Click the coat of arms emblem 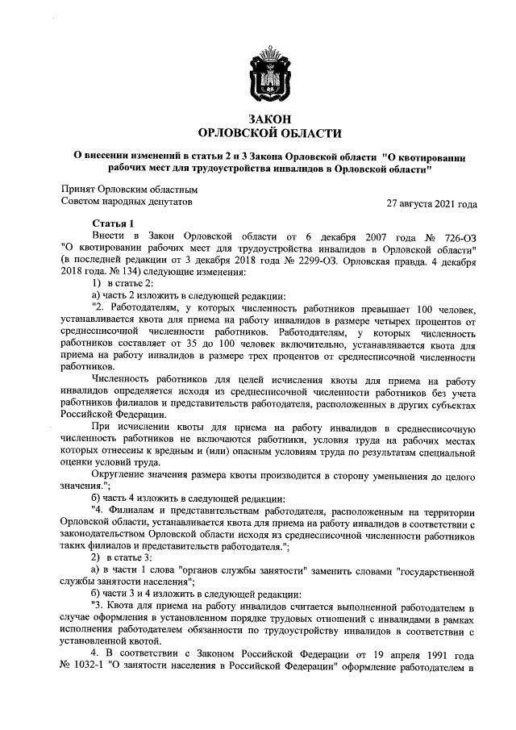point(269,73)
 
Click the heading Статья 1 point(113,222)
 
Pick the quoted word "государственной point(436,573)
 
